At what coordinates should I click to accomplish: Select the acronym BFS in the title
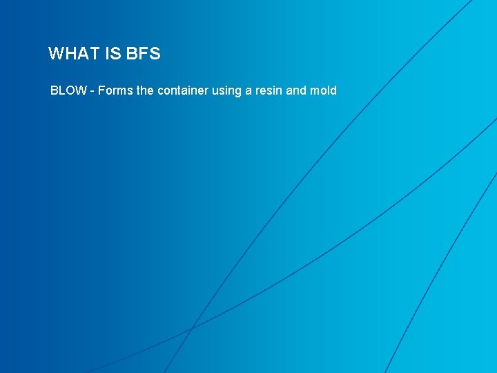[144, 54]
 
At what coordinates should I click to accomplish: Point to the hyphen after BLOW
[92, 91]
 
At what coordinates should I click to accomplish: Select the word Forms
[115, 90]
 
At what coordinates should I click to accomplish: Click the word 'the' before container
[146, 90]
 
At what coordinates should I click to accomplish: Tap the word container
[182, 90]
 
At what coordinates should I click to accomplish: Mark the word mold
[323, 90]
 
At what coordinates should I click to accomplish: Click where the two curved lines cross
[192, 327]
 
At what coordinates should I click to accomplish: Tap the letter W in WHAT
[56, 54]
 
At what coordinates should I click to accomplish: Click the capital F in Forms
[101, 90]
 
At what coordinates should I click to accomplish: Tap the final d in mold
[333, 90]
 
